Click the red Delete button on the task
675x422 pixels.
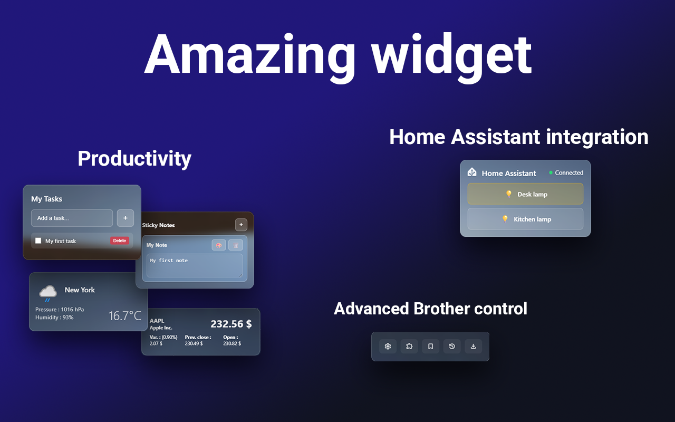pos(120,241)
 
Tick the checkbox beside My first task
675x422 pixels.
pos(38,241)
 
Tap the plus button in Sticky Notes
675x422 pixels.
pos(241,225)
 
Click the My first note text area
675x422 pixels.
pos(195,265)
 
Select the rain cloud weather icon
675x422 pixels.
pos(48,293)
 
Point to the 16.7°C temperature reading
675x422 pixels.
pos(125,316)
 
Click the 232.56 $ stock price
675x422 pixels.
pos(231,324)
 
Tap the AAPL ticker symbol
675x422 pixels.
pos(157,320)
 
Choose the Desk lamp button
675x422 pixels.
pos(525,194)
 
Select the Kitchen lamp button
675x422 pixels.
pos(525,219)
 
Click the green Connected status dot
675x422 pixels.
pos(551,172)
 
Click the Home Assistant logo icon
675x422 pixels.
pos(472,172)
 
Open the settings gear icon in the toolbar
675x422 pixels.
pos(388,346)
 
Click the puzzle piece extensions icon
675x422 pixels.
pos(409,346)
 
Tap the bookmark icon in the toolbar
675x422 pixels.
pos(430,346)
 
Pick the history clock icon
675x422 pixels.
pos(452,346)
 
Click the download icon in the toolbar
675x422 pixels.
pos(473,346)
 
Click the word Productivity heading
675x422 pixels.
pos(134,158)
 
